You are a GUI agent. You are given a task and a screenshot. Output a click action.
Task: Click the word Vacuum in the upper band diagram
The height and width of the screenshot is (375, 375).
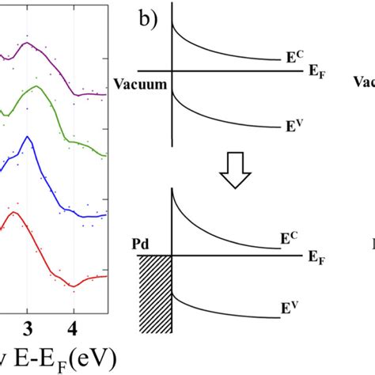tap(139, 81)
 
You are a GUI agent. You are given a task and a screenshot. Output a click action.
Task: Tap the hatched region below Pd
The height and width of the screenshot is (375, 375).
tap(155, 293)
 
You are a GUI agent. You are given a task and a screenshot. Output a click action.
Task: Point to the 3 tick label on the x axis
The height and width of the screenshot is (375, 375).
tap(28, 328)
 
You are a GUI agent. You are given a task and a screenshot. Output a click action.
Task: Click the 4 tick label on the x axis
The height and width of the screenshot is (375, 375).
tap(74, 328)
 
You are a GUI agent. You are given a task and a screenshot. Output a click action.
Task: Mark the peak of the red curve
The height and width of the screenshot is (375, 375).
tap(12, 212)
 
